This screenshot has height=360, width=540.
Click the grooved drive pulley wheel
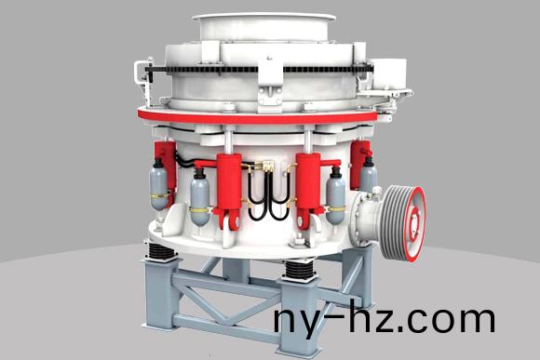403,223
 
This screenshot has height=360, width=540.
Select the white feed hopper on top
264,28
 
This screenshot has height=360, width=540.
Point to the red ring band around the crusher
258,116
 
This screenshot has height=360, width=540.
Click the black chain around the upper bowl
258,69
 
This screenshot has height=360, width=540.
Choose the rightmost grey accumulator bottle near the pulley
369,175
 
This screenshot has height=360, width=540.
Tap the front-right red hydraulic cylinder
308,186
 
